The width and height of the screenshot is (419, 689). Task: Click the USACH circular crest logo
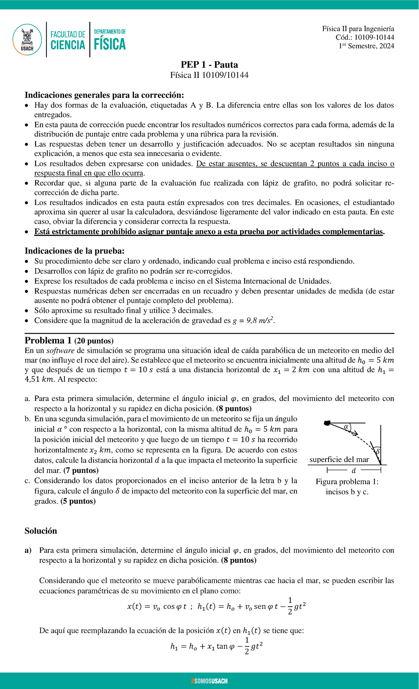pos(27,39)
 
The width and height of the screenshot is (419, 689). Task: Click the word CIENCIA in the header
pos(68,45)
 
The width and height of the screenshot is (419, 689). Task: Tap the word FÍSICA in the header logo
pos(110,44)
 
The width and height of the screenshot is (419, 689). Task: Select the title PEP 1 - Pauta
pos(209,65)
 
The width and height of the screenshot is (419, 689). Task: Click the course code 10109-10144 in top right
pos(374,37)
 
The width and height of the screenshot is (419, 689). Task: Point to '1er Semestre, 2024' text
pos(366,46)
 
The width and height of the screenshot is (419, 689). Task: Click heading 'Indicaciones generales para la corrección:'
pos(104,95)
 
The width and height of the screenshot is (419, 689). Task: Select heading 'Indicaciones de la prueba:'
pos(74,251)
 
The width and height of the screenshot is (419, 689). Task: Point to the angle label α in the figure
pos(346,426)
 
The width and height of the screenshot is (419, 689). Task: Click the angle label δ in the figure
pos(377,452)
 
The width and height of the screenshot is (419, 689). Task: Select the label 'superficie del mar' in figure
pos(339,460)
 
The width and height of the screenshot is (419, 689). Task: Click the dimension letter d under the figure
pos(354,471)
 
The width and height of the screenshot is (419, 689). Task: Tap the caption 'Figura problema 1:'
pos(347,482)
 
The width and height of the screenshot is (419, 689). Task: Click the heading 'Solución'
pos(41,531)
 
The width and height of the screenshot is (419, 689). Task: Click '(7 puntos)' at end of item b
pos(81,470)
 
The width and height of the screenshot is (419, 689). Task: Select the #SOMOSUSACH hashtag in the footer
pos(209,681)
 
